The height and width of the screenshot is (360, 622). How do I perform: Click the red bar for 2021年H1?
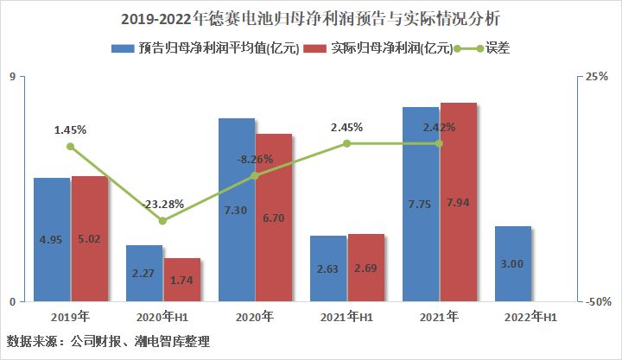[366, 268]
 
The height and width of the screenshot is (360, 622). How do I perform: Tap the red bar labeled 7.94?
[459, 202]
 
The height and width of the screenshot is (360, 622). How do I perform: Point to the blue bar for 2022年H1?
[513, 263]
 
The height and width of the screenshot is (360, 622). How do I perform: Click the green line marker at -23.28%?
[162, 221]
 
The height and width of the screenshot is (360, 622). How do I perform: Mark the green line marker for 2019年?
[71, 147]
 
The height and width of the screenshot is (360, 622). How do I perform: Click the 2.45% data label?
[346, 127]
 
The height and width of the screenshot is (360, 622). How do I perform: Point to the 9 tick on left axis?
[12, 77]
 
